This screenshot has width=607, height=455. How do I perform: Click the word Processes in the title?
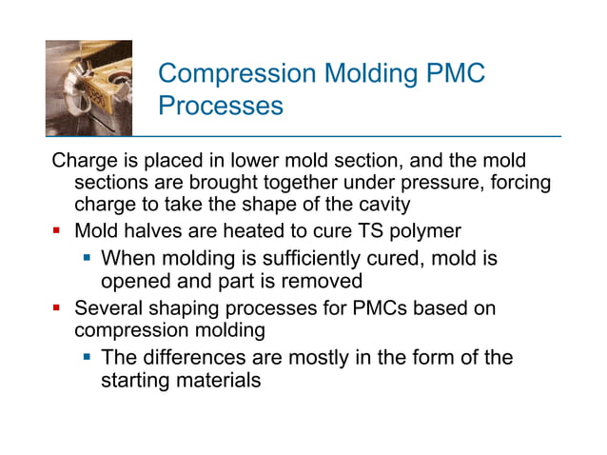tap(221, 106)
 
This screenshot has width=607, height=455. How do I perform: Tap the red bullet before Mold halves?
tap(57, 230)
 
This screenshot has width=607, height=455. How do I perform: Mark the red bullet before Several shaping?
tap(57, 309)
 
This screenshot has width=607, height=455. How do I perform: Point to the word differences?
tap(199, 358)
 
